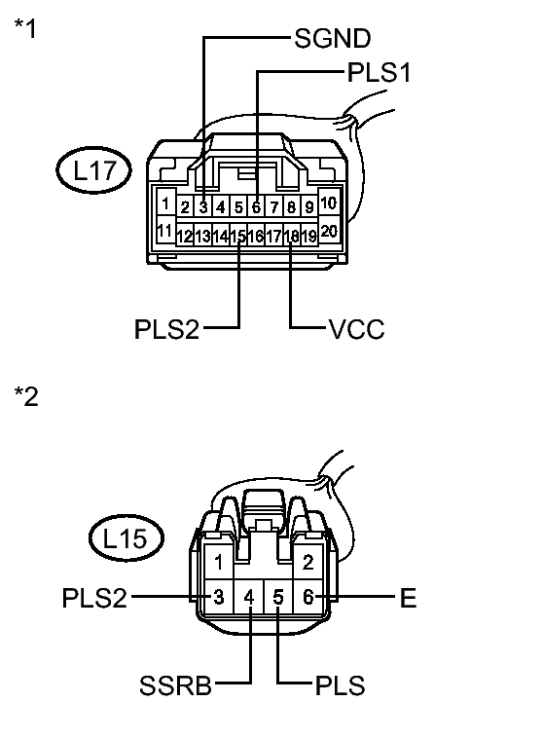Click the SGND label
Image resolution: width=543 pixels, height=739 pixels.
click(x=333, y=38)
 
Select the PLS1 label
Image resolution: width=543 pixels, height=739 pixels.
click(x=379, y=73)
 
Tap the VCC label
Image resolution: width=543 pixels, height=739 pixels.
click(x=356, y=329)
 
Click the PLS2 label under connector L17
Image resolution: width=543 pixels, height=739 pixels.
click(x=166, y=329)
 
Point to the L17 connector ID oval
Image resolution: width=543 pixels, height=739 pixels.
click(x=93, y=169)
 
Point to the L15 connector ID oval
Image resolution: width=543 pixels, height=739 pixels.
click(x=127, y=537)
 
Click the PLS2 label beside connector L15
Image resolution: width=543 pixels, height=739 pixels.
click(x=94, y=598)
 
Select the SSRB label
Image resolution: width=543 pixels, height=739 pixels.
click(x=176, y=685)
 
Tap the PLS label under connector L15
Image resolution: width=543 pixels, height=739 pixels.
click(x=340, y=685)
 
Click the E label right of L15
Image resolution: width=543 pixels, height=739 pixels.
click(x=408, y=598)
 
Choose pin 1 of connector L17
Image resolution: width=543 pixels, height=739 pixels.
click(x=165, y=203)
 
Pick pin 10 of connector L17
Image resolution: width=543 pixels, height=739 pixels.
click(x=328, y=203)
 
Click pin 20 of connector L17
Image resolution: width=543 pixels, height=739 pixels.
click(x=328, y=231)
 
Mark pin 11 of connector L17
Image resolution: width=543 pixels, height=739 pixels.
click(x=165, y=231)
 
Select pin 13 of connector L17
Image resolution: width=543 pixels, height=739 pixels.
click(x=202, y=236)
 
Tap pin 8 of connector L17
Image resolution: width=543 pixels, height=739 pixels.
click(x=292, y=206)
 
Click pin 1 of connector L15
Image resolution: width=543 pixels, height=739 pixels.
click(x=219, y=562)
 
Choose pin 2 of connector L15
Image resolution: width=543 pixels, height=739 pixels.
click(x=308, y=562)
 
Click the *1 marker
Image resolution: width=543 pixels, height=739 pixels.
click(x=25, y=28)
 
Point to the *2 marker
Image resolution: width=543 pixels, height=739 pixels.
click(x=26, y=396)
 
